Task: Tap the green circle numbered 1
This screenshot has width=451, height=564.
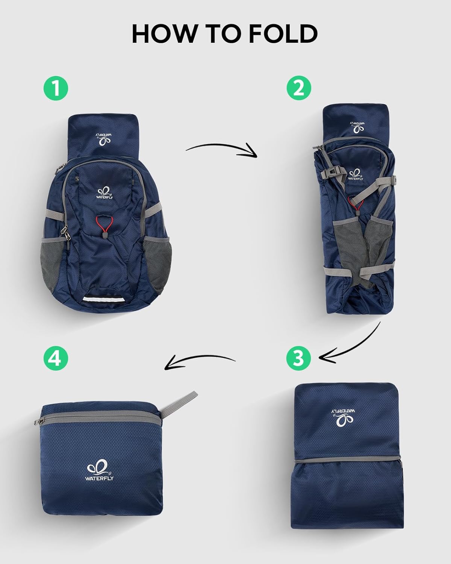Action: (x=56, y=89)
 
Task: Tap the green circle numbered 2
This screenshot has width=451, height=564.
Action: (x=299, y=89)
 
